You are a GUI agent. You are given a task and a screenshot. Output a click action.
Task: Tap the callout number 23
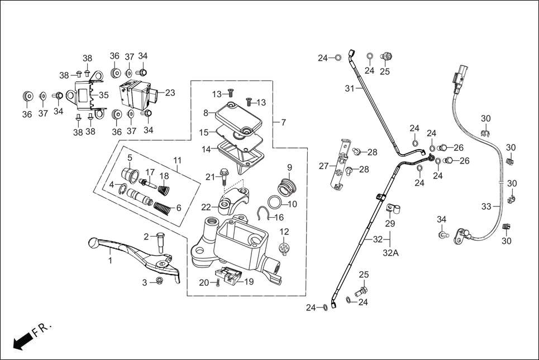170,93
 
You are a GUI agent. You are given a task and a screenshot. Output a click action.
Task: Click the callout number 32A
390,253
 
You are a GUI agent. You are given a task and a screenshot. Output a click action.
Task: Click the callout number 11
178,160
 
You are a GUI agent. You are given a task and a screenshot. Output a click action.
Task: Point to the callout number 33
486,207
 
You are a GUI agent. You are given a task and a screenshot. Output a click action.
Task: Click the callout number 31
349,88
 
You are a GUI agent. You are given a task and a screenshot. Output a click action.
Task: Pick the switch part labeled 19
230,275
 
